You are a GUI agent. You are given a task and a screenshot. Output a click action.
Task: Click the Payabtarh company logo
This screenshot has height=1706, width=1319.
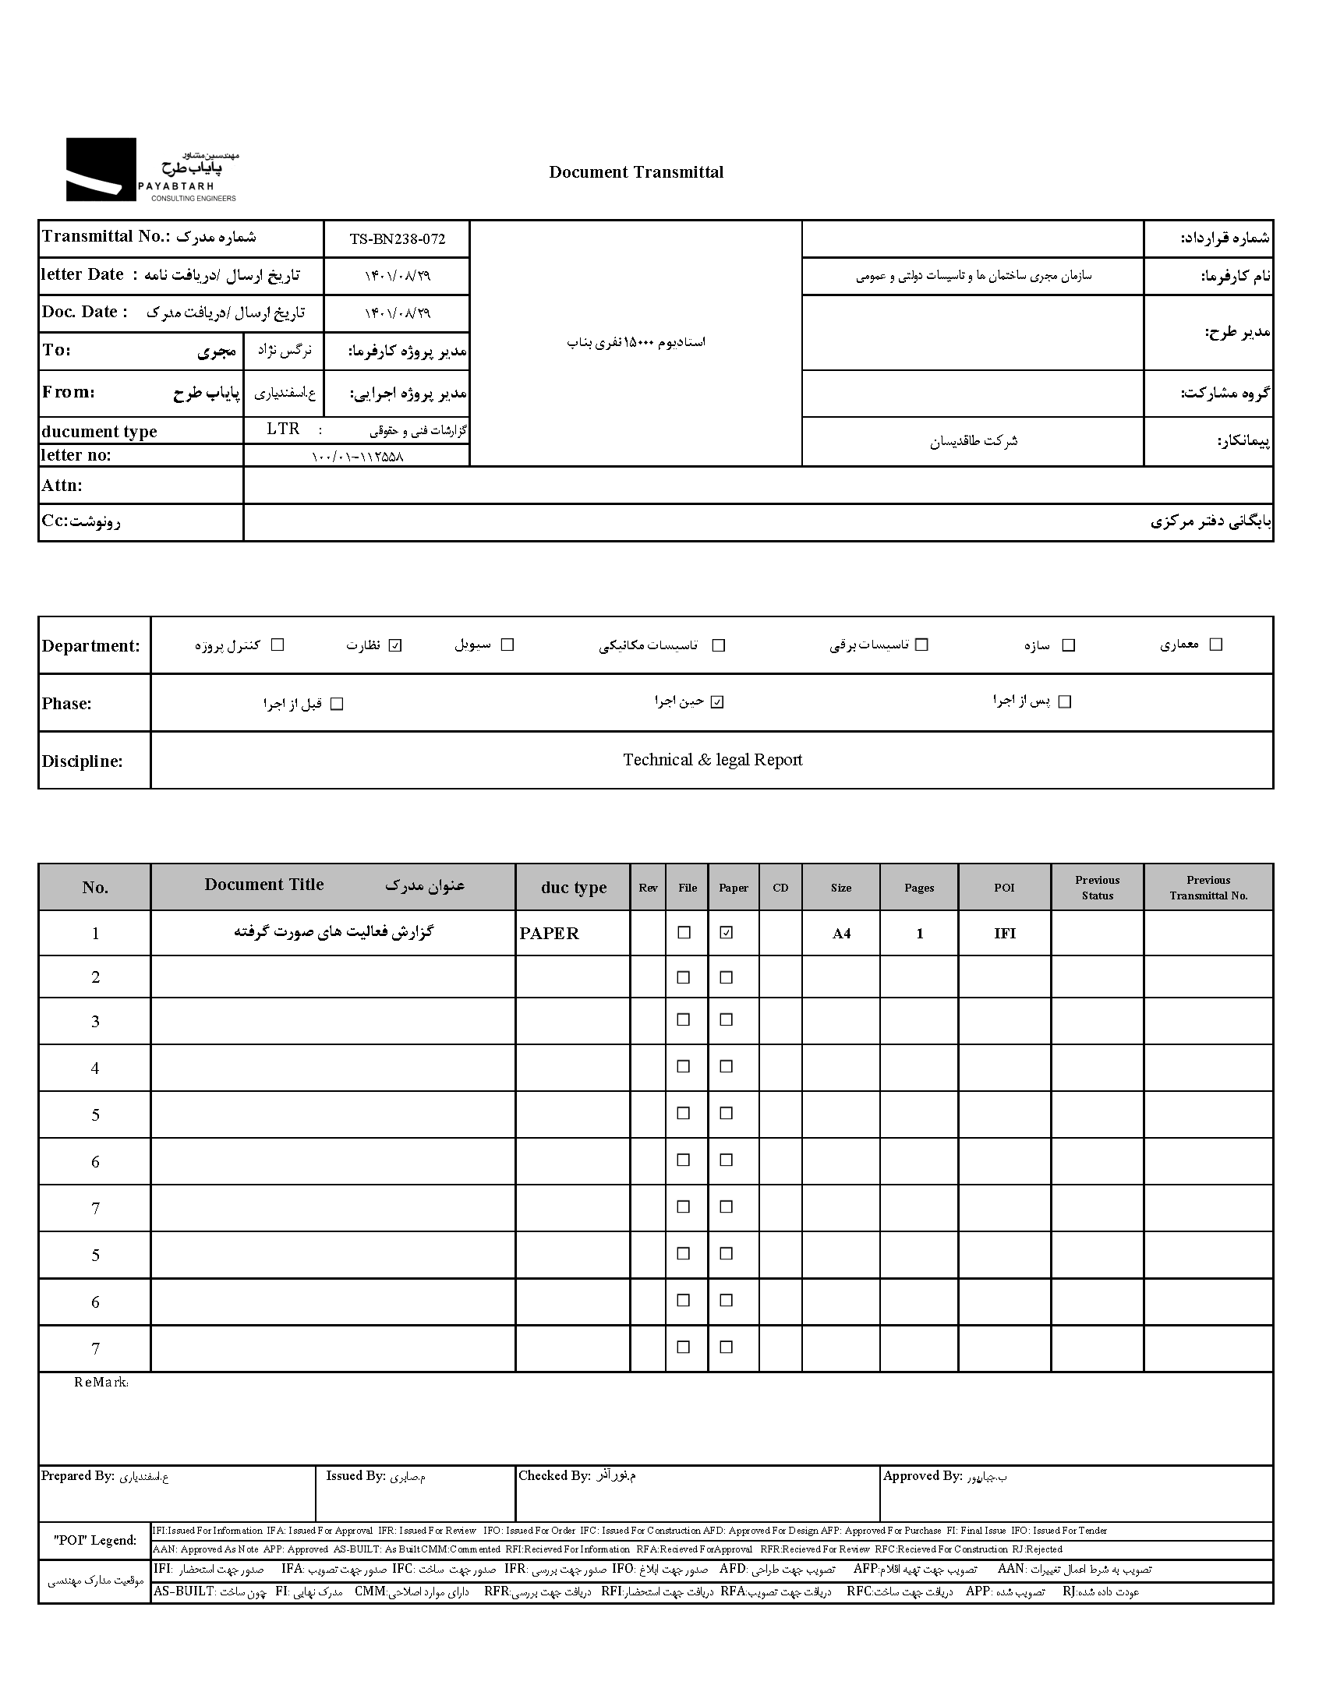150,170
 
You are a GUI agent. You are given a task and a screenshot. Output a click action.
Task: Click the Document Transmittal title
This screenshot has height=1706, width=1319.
636,172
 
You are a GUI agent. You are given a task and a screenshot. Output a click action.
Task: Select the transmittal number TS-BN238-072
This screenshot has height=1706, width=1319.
397,239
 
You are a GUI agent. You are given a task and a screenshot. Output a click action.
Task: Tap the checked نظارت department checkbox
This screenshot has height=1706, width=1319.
395,645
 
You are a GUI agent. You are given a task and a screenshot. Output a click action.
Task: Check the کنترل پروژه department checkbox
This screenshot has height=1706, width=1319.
278,645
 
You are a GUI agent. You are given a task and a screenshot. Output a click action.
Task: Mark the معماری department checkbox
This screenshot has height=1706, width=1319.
1216,645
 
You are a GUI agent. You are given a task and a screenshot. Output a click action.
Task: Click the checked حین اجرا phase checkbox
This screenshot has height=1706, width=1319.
718,702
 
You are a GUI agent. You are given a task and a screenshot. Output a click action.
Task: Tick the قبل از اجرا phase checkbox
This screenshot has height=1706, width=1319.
337,704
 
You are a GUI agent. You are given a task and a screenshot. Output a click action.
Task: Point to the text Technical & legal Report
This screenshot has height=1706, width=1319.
712,760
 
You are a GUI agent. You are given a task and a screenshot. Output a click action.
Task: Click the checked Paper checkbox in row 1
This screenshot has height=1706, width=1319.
727,933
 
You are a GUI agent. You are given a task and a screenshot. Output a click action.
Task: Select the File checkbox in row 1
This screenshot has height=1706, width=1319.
684,933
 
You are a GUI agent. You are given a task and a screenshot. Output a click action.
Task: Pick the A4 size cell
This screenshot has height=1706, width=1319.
841,934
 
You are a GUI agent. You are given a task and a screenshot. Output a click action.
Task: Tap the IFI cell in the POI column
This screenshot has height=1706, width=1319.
1005,934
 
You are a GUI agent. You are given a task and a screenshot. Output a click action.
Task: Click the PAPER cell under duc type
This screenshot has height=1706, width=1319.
550,934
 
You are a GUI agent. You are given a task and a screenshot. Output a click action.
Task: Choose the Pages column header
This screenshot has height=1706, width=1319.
919,888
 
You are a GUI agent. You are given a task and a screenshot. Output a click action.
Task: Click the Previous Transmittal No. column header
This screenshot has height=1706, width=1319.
1208,888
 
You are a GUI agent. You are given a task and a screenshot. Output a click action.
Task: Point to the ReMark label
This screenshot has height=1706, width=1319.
101,1383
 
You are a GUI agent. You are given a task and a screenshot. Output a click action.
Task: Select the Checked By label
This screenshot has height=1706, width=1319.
554,1475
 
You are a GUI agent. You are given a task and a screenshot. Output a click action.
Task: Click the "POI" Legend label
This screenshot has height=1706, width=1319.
94,1541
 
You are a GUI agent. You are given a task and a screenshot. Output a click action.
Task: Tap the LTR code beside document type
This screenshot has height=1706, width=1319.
283,429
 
